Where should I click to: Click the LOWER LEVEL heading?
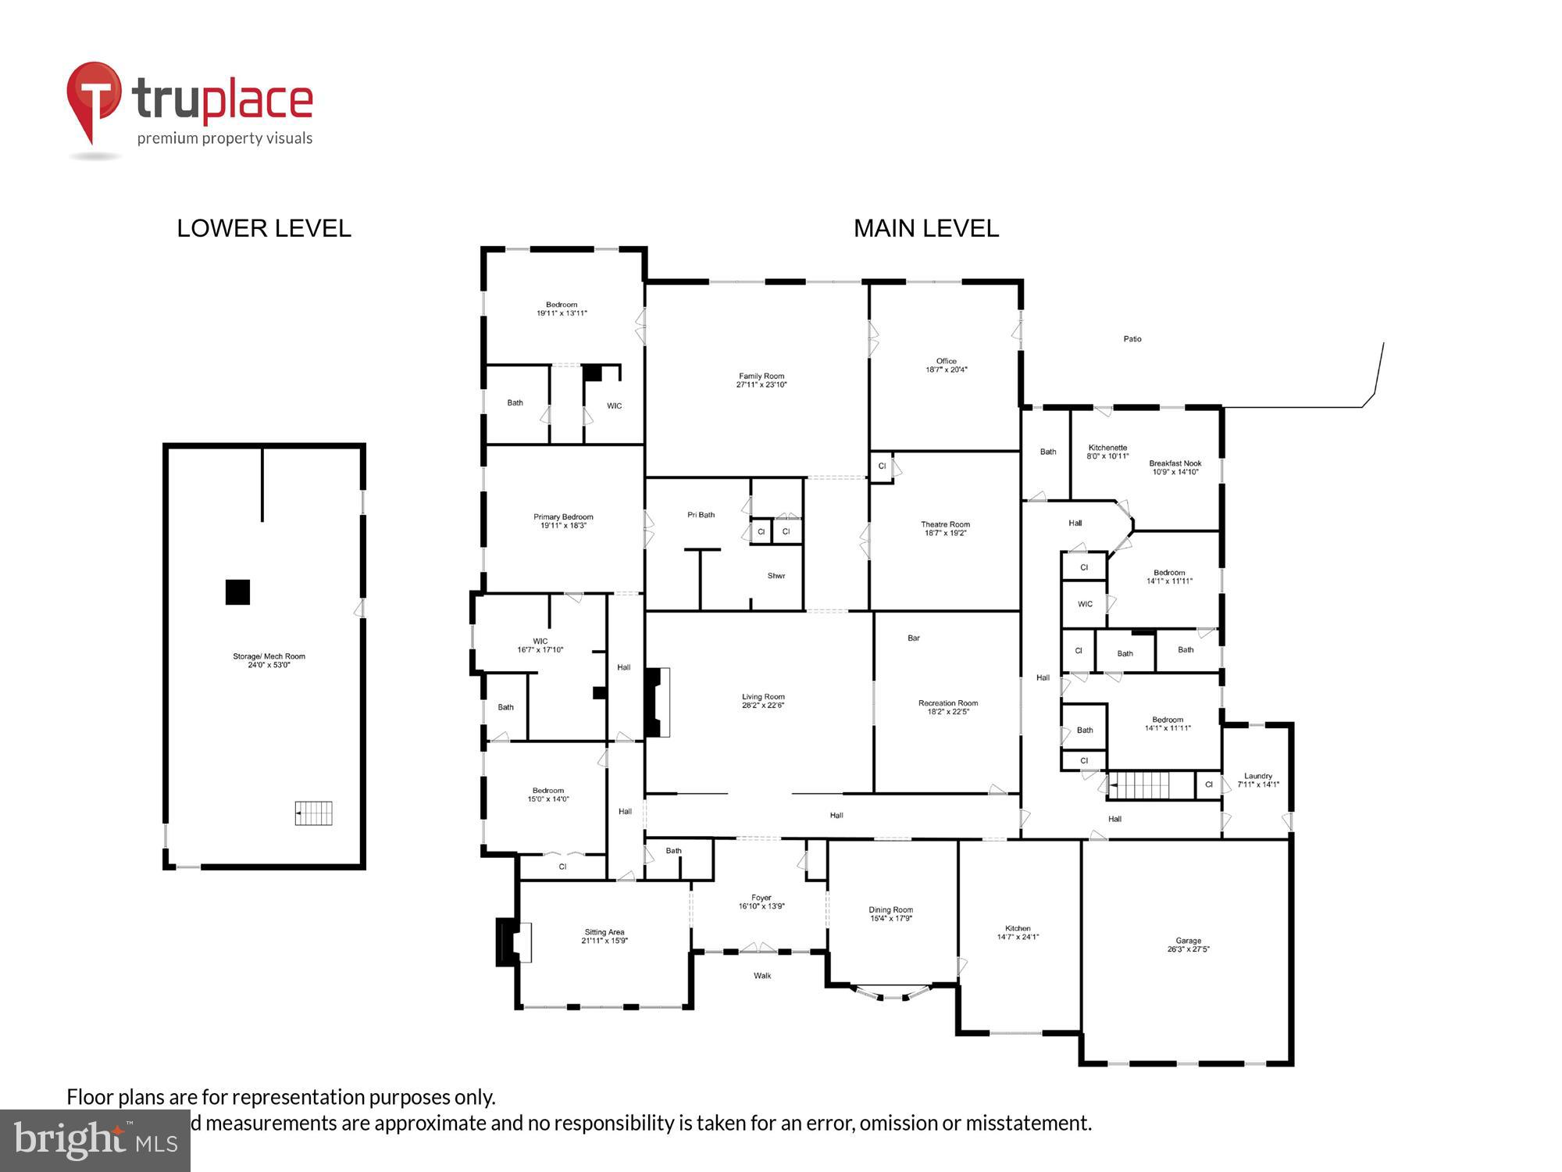[x=264, y=228]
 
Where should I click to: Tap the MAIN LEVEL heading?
[x=925, y=228]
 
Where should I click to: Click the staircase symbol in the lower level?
[x=313, y=813]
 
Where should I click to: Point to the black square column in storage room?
[x=237, y=591]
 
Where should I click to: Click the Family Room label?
[x=761, y=376]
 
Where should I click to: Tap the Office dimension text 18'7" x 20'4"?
[x=947, y=370]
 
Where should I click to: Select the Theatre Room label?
[x=945, y=524]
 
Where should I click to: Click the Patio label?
[x=1132, y=339]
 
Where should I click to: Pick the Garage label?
[x=1188, y=941]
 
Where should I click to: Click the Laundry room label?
[x=1258, y=776]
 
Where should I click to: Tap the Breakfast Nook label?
[x=1175, y=463]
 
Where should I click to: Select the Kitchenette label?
[x=1107, y=448]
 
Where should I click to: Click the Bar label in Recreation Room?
[x=914, y=638]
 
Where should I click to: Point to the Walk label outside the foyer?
[x=762, y=975]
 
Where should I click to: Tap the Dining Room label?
[x=890, y=909]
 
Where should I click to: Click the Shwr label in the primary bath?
[x=776, y=576]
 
